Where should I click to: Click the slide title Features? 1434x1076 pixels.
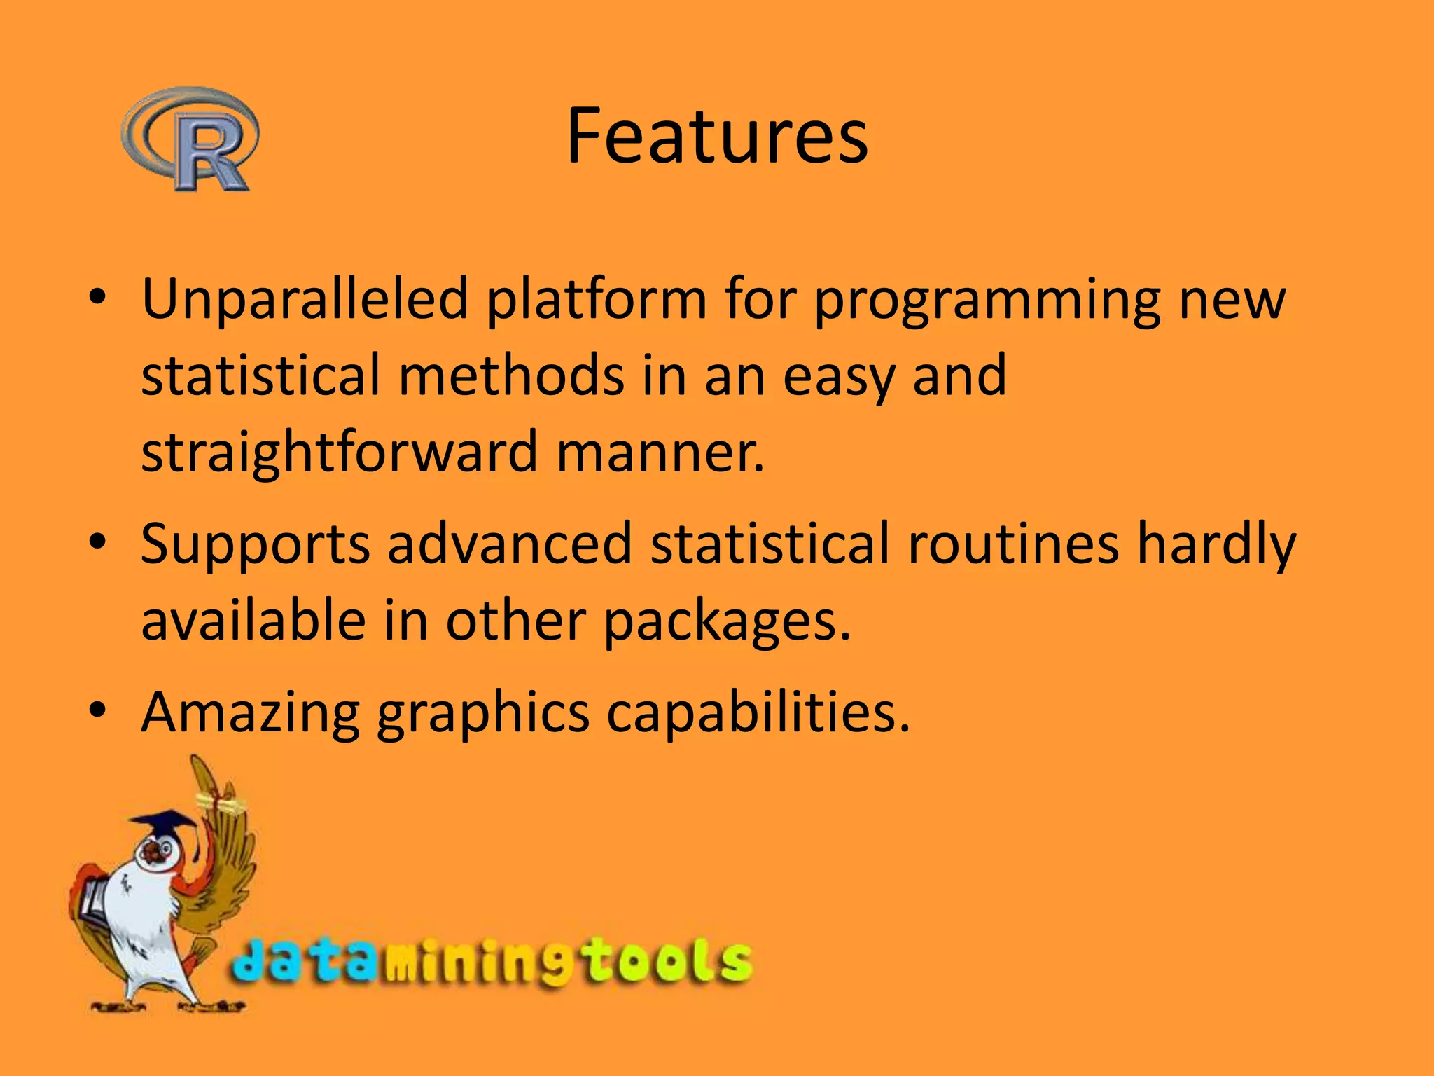(x=716, y=137)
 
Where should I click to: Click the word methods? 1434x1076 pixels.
(x=511, y=375)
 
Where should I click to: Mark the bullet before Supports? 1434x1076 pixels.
(x=97, y=542)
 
